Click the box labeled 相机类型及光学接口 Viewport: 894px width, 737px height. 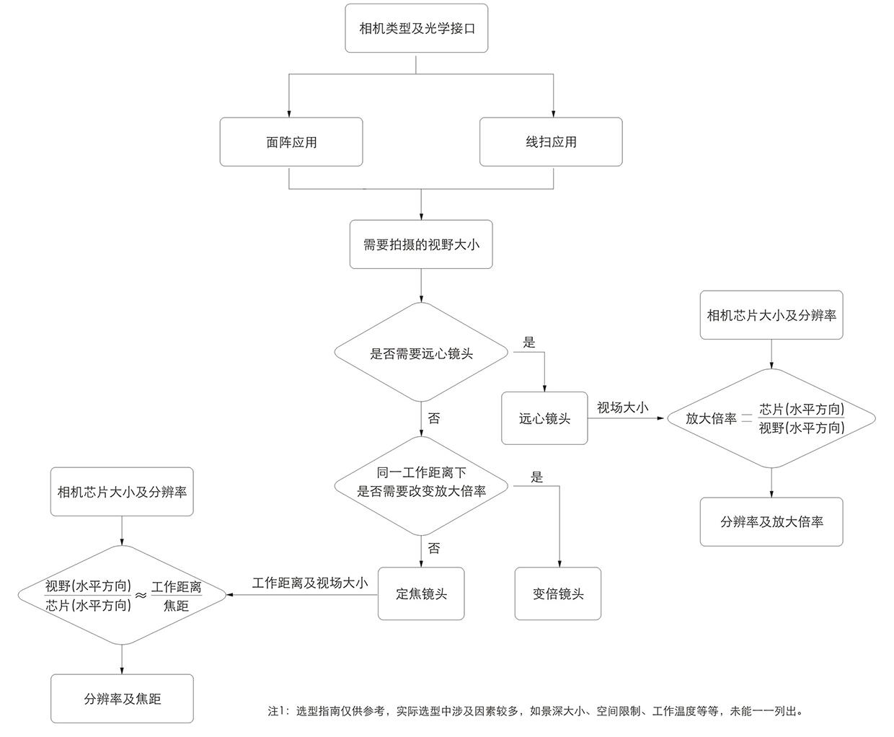[x=416, y=28]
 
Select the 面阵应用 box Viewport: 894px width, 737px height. [x=291, y=142]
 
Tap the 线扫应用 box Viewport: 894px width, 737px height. [x=551, y=142]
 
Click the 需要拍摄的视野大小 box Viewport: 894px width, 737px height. [x=421, y=244]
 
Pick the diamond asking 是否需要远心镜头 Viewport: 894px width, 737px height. [x=421, y=353]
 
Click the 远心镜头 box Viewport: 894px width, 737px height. [x=544, y=418]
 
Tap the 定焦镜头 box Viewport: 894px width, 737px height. [x=421, y=593]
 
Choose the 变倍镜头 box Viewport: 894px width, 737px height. [x=557, y=593]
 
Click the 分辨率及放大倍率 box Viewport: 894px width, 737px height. [x=771, y=521]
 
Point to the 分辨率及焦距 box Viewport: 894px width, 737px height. [x=122, y=698]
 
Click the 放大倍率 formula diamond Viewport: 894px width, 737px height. [x=771, y=418]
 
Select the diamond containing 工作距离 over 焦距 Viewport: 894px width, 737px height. [x=122, y=595]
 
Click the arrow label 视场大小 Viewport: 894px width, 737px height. [x=622, y=407]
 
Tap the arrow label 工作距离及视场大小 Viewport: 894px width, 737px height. [x=310, y=583]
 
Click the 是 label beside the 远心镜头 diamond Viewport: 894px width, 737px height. [x=529, y=343]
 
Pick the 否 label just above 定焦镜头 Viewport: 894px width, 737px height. [x=434, y=549]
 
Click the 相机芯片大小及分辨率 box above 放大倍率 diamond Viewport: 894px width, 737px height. [x=771, y=315]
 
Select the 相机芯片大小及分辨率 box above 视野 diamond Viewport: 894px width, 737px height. [x=122, y=492]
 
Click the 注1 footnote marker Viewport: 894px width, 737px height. [x=278, y=711]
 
